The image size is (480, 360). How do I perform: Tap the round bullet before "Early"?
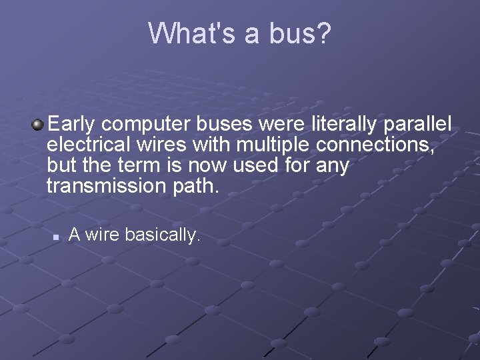click(39, 124)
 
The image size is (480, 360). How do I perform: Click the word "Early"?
click(73, 125)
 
